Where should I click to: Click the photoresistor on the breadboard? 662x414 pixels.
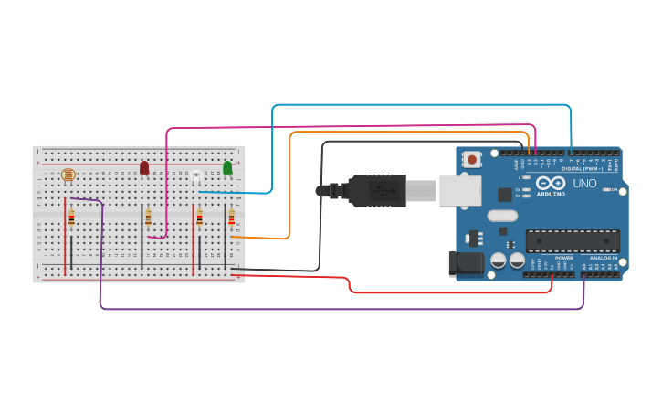click(66, 174)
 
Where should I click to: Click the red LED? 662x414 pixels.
click(144, 168)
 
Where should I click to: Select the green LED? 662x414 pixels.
click(227, 168)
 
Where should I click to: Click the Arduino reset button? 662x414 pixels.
click(471, 159)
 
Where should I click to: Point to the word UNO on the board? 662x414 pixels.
click(583, 184)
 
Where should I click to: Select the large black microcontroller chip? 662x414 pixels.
click(572, 241)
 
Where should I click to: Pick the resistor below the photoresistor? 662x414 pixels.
click(71, 218)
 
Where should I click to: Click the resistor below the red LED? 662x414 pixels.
click(148, 218)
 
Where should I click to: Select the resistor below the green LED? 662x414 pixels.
click(231, 218)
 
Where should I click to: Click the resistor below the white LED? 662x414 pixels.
click(199, 218)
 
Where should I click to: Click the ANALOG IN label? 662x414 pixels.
click(603, 259)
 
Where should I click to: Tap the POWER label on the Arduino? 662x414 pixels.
click(563, 259)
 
